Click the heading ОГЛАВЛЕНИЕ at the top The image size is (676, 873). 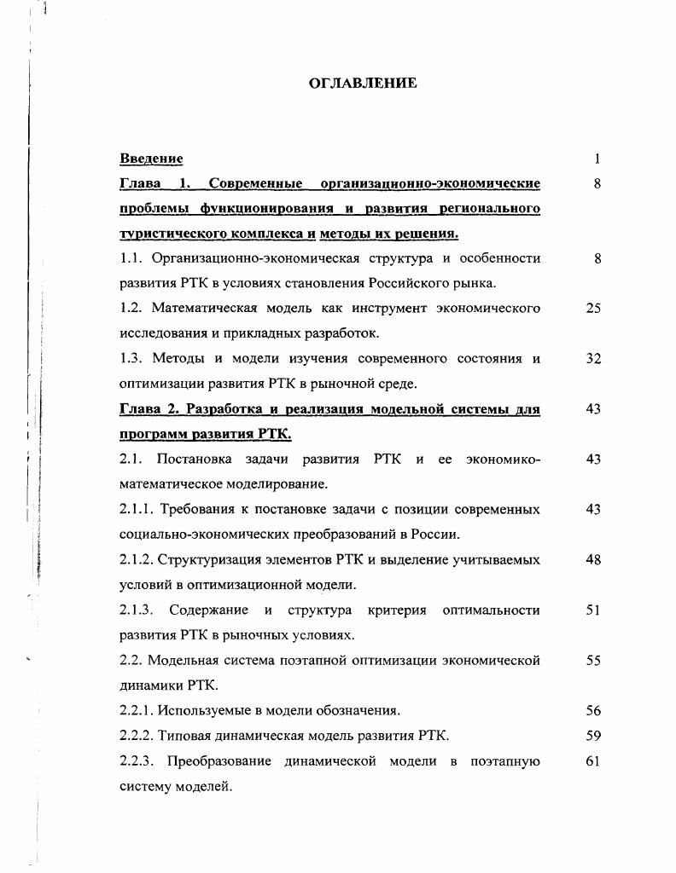coord(362,84)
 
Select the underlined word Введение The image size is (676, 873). coord(151,159)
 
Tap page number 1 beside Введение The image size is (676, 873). coord(597,159)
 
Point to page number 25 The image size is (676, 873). coord(594,309)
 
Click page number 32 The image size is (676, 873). coord(594,359)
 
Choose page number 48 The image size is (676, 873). coord(594,560)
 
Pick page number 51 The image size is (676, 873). coord(594,610)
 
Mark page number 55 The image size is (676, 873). coord(594,661)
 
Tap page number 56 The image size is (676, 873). coord(594,710)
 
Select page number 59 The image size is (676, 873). coord(594,735)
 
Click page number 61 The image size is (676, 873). coord(594,760)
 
